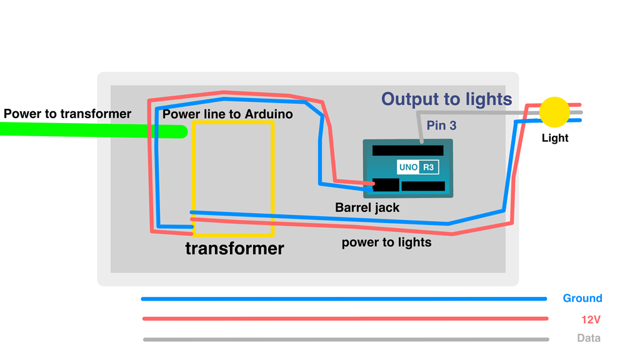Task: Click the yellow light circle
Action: click(x=554, y=112)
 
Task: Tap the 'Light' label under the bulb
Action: click(x=555, y=137)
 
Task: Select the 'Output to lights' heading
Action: click(x=447, y=99)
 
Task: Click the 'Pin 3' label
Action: click(x=441, y=126)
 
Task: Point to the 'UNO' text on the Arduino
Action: click(x=408, y=167)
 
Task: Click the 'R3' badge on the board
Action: click(x=428, y=167)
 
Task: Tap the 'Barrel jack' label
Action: click(x=367, y=207)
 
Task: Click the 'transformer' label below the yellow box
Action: click(x=234, y=248)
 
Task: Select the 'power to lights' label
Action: click(x=386, y=242)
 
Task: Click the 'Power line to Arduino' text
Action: click(x=227, y=114)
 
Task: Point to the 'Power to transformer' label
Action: click(x=67, y=114)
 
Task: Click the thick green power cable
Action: click(x=94, y=130)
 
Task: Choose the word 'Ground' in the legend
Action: click(x=582, y=298)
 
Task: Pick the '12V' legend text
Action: click(x=591, y=319)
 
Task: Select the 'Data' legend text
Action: click(x=589, y=338)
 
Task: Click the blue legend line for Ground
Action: click(x=344, y=299)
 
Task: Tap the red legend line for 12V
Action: click(x=344, y=319)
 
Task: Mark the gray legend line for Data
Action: click(x=344, y=339)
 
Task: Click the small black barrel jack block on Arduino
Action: click(x=386, y=185)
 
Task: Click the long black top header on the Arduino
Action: click(x=407, y=151)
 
